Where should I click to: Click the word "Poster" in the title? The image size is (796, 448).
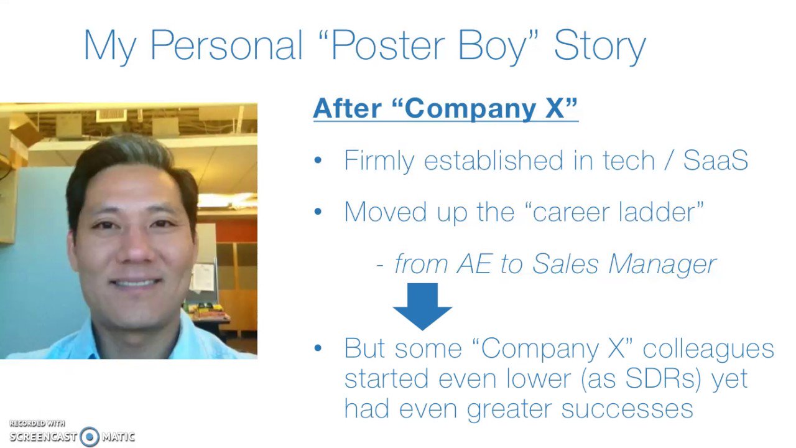pyautogui.click(x=388, y=45)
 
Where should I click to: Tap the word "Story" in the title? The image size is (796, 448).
pyautogui.click(x=600, y=48)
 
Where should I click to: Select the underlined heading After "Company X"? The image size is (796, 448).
pyautogui.click(x=446, y=108)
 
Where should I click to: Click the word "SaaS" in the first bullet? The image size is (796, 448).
pyautogui.click(x=716, y=161)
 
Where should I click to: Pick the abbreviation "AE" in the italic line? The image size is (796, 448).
pyautogui.click(x=474, y=264)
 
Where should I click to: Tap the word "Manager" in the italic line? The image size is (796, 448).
pyautogui.click(x=662, y=266)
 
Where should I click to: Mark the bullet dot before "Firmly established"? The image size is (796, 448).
pyautogui.click(x=318, y=161)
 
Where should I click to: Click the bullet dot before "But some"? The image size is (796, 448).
pyautogui.click(x=318, y=348)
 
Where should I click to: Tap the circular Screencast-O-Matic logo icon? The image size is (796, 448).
pyautogui.click(x=90, y=436)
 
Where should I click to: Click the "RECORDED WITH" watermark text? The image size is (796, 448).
pyautogui.click(x=37, y=423)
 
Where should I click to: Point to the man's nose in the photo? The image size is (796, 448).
pyautogui.click(x=136, y=249)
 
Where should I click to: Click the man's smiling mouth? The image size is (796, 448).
pyautogui.click(x=135, y=283)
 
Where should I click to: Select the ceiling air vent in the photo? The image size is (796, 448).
pyautogui.click(x=111, y=116)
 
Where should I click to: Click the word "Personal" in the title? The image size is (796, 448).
pyautogui.click(x=227, y=45)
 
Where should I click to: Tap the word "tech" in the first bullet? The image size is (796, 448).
pyautogui.click(x=629, y=161)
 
